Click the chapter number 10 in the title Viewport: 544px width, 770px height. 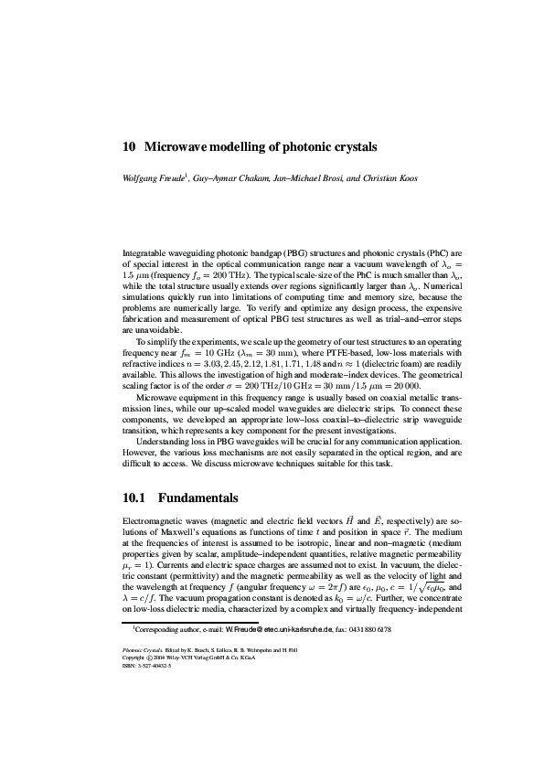click(x=129, y=146)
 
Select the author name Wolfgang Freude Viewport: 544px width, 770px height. click(x=154, y=178)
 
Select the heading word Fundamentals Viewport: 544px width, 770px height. click(x=197, y=498)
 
